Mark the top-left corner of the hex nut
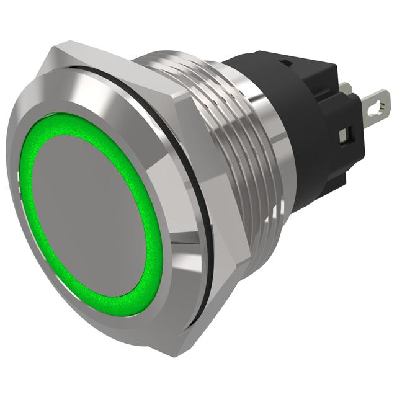click(x=53, y=48)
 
